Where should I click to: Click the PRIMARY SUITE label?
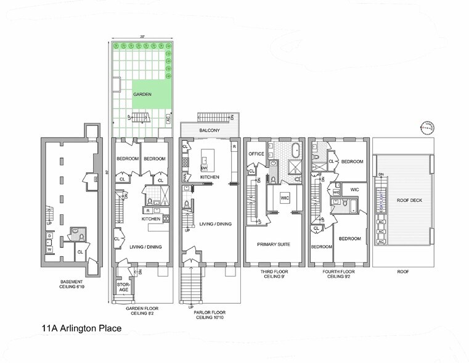tap(273, 244)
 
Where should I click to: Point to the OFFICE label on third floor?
tap(256, 153)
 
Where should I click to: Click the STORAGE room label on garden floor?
tap(123, 287)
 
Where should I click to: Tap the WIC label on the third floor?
tap(285, 199)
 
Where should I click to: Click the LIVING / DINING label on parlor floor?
tap(215, 224)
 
